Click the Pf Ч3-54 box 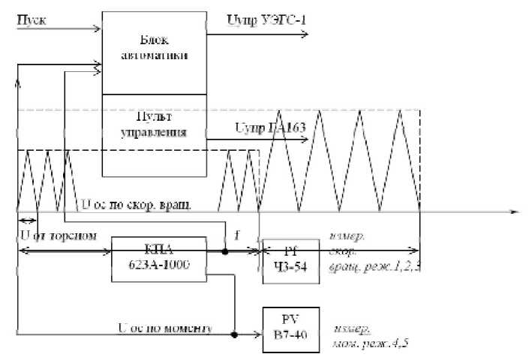tap(290, 259)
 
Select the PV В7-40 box tap(290, 328)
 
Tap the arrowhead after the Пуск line tap(97, 30)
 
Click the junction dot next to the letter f tap(226, 251)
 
